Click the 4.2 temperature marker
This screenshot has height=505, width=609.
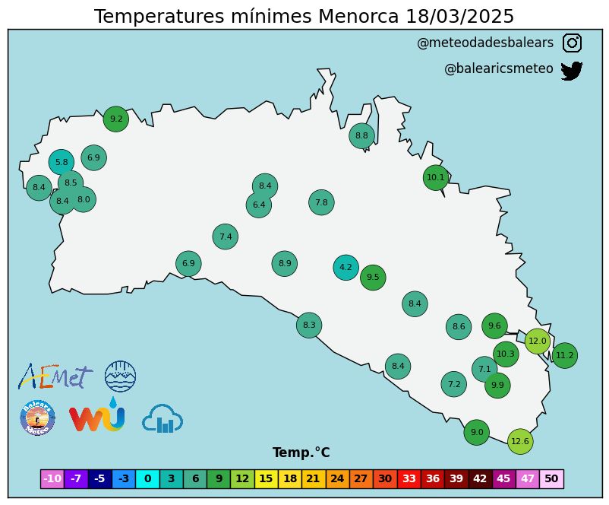pos(346,267)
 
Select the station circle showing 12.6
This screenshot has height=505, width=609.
pos(519,441)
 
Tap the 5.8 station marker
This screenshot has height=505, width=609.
pos(62,162)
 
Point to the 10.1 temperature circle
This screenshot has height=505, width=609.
pos(436,177)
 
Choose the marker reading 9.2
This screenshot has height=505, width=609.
pos(116,119)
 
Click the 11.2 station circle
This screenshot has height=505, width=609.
pos(564,355)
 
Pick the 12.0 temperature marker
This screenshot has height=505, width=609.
pos(538,341)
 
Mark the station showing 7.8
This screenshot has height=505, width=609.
pos(321,202)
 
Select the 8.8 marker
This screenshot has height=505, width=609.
pos(361,136)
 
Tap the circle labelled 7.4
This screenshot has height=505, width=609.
pos(226,237)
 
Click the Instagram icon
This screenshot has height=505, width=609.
pos(572,43)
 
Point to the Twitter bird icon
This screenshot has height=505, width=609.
pos(571,71)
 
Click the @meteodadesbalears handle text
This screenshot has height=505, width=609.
pos(485,43)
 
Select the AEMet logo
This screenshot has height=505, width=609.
pos(55,375)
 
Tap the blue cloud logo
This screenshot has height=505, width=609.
pos(163,418)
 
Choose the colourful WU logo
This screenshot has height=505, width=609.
pos(96,417)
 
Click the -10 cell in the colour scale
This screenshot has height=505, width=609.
pos(52,478)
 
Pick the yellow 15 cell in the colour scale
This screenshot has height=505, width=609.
pos(266,478)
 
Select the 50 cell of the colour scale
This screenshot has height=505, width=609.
pos(551,478)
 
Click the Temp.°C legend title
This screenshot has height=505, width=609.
pos(301,453)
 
